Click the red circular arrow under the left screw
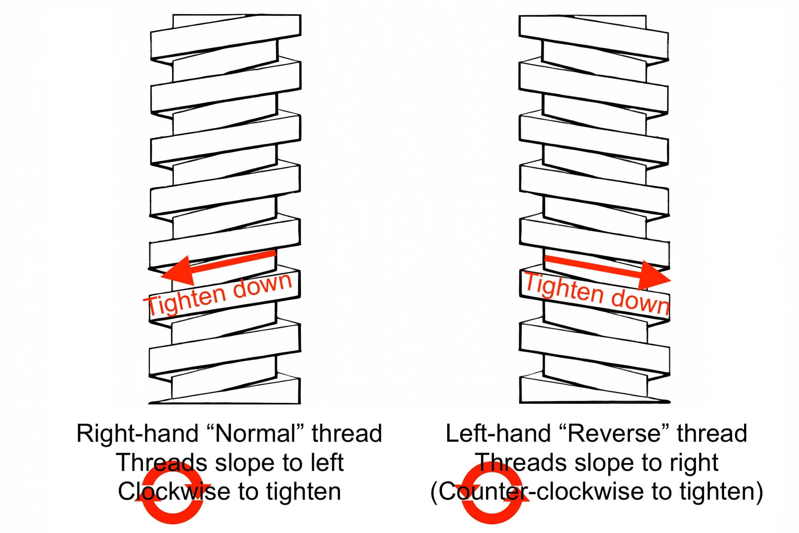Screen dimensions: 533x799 coord(173,492)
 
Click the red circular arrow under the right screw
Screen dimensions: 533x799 coord(492,492)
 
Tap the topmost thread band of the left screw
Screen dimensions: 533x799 coord(226,35)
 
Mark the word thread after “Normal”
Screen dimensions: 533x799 coord(347,434)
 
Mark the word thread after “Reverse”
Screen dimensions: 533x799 coord(712,434)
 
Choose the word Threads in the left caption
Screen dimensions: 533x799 coord(162,463)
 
